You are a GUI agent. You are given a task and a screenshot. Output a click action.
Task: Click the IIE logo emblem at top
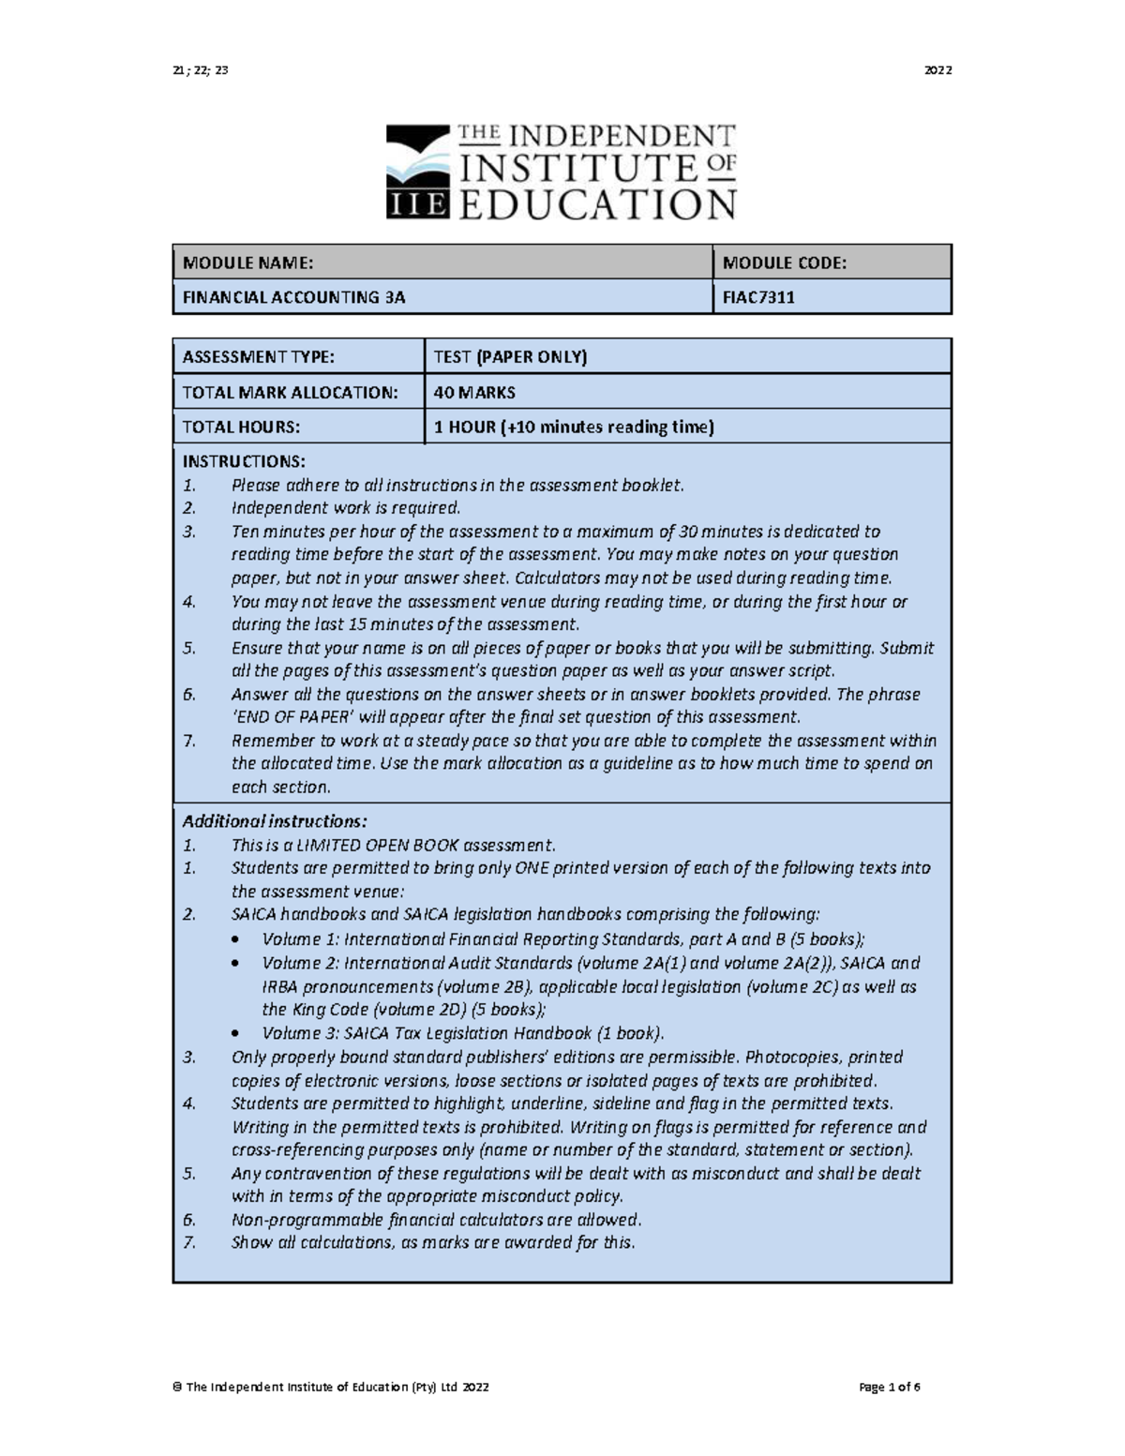tap(418, 173)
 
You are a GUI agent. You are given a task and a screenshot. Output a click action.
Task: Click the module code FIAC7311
tap(758, 298)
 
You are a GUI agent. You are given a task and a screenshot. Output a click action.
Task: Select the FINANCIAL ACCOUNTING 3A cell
tap(294, 298)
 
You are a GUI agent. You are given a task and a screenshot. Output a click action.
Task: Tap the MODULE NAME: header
tap(248, 263)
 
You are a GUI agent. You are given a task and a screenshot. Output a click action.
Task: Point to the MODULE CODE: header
tap(785, 263)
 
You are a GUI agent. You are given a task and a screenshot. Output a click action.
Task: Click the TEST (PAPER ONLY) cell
tap(510, 357)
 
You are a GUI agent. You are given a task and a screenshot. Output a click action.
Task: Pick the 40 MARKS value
tap(474, 393)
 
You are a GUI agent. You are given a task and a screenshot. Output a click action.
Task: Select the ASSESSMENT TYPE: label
tap(258, 357)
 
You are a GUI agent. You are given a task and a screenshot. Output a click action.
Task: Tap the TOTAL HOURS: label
tap(241, 428)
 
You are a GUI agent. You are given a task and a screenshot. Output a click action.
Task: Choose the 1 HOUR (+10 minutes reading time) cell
tap(574, 428)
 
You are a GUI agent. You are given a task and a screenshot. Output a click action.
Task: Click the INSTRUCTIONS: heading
tap(244, 461)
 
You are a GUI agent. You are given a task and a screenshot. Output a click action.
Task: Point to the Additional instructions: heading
tap(275, 821)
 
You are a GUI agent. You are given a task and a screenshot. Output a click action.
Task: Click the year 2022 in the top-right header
tap(937, 70)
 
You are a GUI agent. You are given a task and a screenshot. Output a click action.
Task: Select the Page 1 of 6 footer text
tap(890, 1388)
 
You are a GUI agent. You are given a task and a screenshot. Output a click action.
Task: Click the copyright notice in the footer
tap(331, 1388)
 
